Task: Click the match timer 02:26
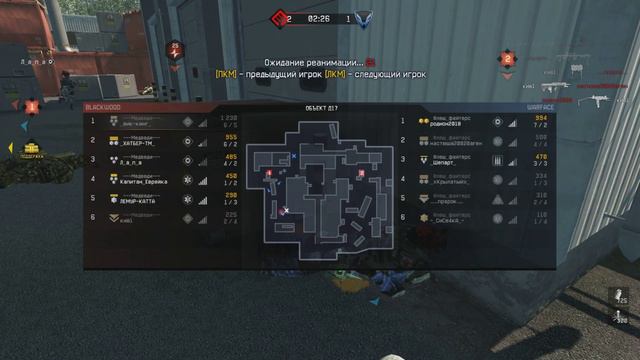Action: click(320, 18)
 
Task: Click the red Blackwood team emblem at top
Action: click(285, 17)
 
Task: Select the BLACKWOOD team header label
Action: click(104, 105)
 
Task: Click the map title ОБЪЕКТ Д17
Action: click(320, 106)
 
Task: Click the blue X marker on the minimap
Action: click(293, 156)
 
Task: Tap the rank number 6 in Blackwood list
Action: click(93, 215)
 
